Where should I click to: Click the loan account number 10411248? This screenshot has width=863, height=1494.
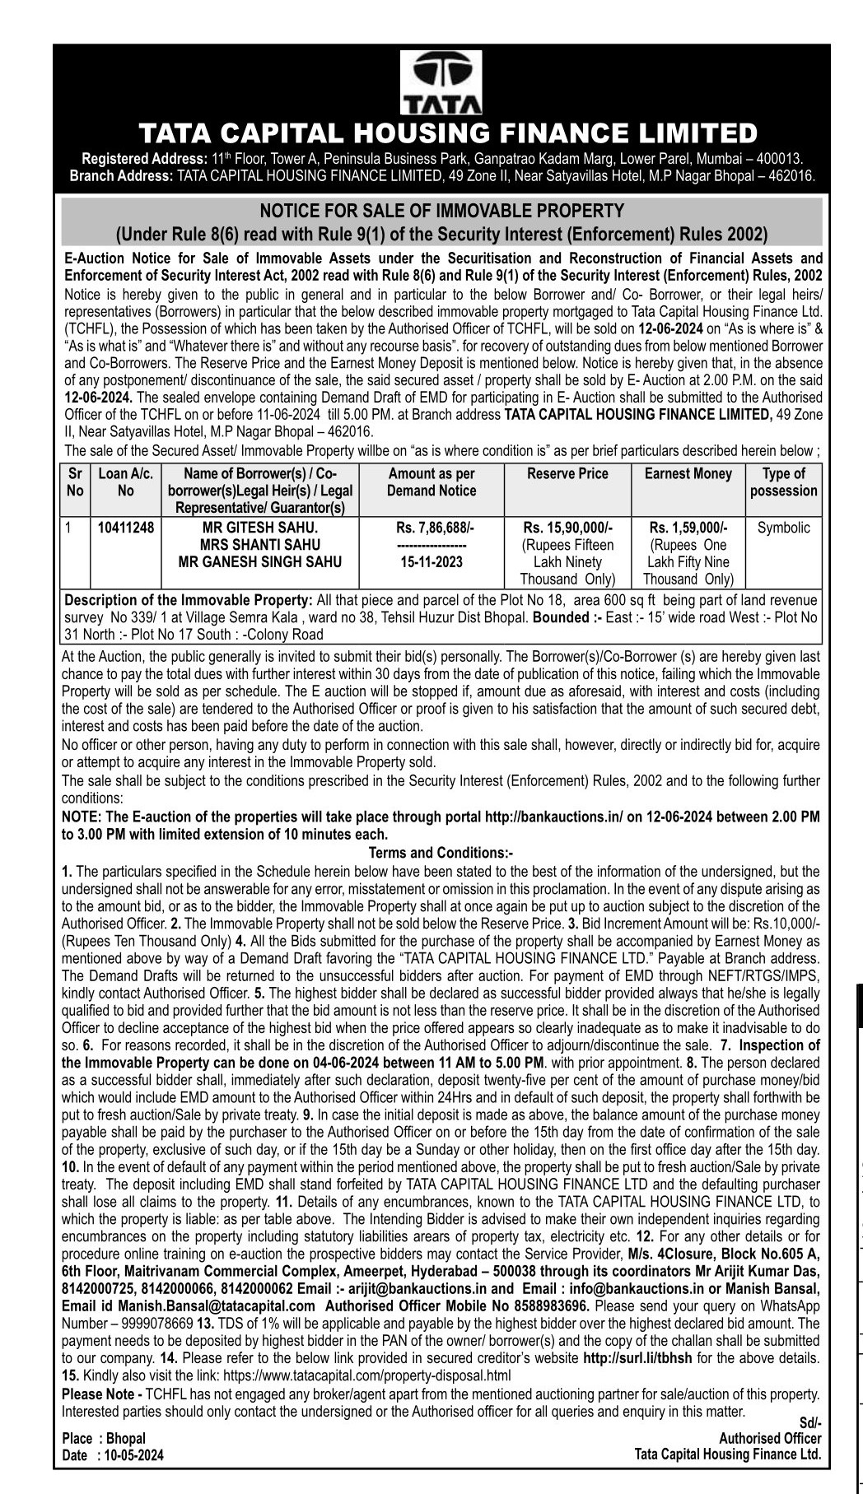click(x=125, y=528)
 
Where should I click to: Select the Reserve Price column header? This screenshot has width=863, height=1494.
click(x=567, y=474)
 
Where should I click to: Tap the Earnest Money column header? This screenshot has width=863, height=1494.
click(x=688, y=474)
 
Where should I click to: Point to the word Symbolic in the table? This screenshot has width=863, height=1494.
click(x=783, y=528)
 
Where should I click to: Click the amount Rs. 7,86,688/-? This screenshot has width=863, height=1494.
click(x=431, y=528)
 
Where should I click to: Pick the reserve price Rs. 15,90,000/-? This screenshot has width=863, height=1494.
click(x=567, y=528)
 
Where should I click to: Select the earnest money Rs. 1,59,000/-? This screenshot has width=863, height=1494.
click(x=688, y=528)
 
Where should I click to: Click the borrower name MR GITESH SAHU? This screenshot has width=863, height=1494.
click(x=260, y=528)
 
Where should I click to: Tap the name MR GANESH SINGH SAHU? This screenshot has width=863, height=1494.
click(x=260, y=562)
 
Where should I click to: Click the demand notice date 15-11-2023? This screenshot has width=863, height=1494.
click(x=431, y=562)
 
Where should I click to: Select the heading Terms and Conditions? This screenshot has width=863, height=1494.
click(x=441, y=853)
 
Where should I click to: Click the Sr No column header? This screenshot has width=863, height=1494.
click(x=75, y=482)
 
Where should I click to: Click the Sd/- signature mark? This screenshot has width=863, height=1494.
click(x=810, y=1422)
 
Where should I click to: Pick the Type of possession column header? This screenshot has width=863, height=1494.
click(x=783, y=482)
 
